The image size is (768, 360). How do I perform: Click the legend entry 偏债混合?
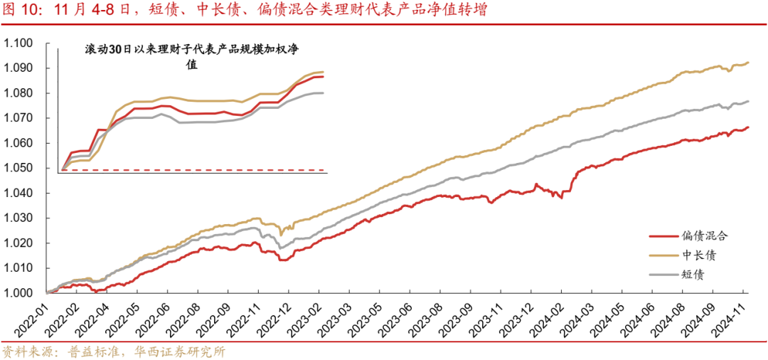[705, 235]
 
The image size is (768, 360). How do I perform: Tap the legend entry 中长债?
[699, 255]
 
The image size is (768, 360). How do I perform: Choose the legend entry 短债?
[693, 275]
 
